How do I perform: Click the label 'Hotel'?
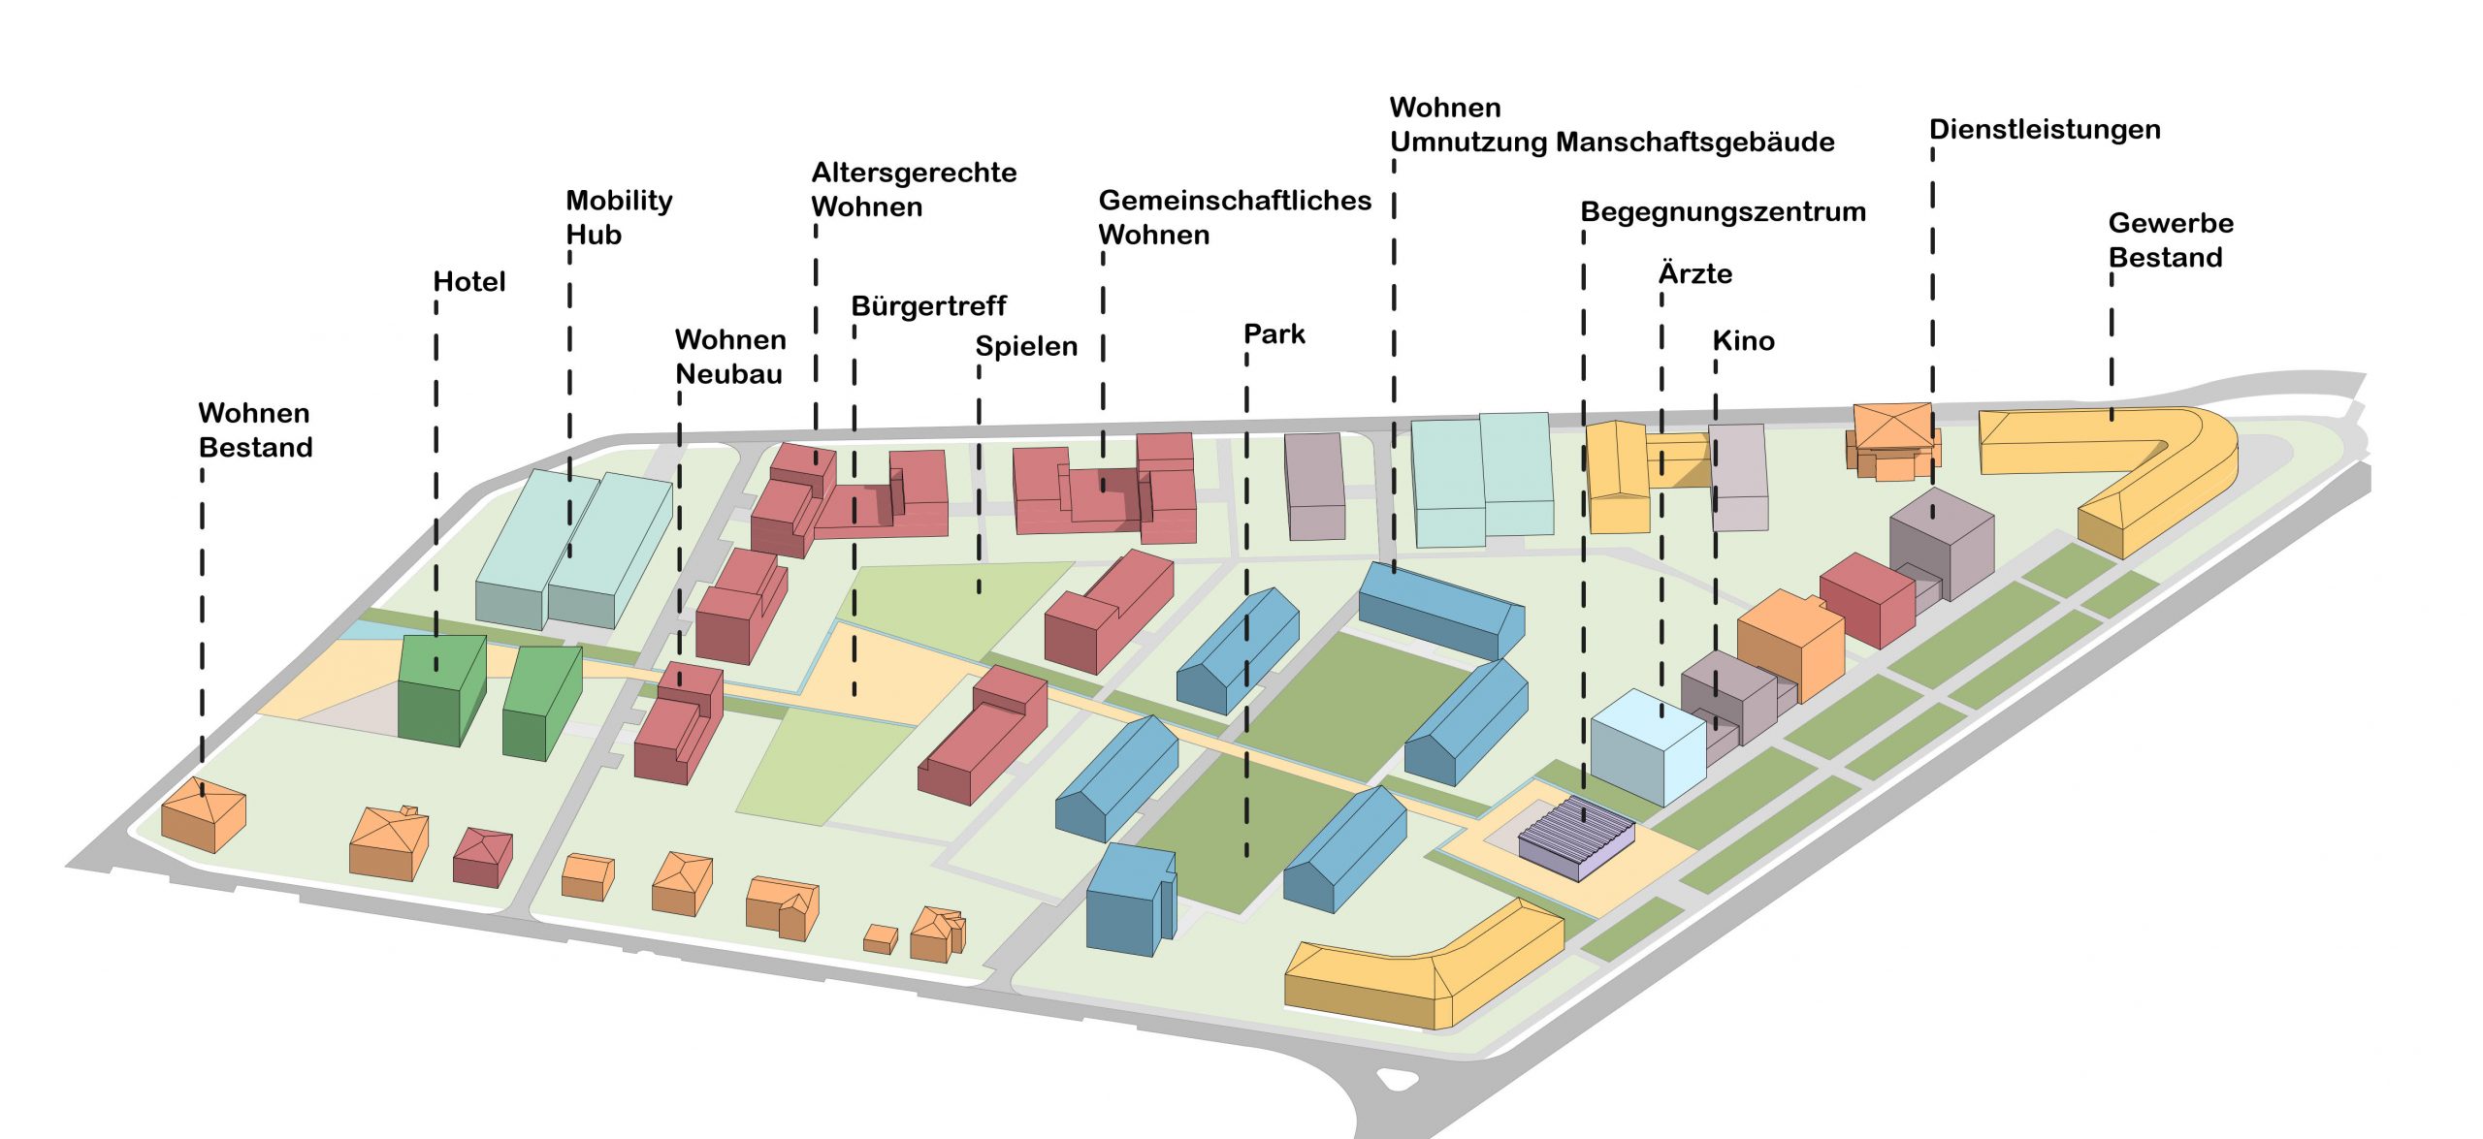[x=469, y=282]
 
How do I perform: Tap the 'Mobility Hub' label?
[x=618, y=217]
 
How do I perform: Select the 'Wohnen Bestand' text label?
[x=255, y=430]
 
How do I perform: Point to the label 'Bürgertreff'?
[x=928, y=306]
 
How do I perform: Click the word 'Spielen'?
[x=1025, y=346]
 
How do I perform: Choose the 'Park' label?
[x=1274, y=334]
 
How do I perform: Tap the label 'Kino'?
[x=1743, y=341]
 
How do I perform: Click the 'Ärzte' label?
[x=1694, y=274]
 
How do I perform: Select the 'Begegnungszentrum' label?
[x=1723, y=212]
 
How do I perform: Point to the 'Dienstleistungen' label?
[x=2045, y=130]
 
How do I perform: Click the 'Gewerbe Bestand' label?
[x=2170, y=240]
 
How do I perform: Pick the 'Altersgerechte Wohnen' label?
[x=913, y=189]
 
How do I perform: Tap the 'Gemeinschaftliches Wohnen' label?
[x=1234, y=217]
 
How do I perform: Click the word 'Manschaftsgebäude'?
[x=1694, y=142]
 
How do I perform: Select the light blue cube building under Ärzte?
[x=1647, y=747]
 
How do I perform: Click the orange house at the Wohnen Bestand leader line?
[x=203, y=814]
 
